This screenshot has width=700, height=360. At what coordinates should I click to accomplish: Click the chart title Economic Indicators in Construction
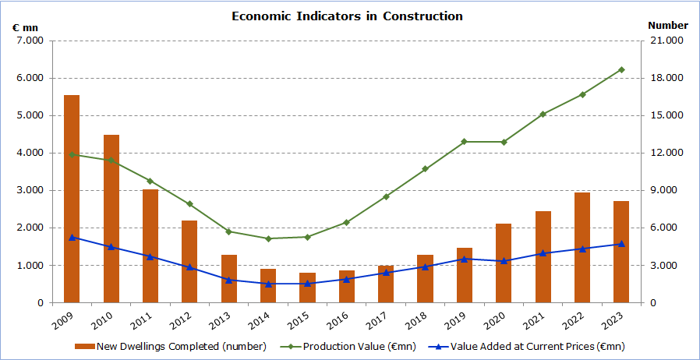(347, 16)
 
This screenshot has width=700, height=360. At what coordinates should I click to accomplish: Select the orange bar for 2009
(72, 199)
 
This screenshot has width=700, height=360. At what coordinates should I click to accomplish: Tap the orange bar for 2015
(307, 288)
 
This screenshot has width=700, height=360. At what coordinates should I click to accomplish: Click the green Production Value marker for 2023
(621, 69)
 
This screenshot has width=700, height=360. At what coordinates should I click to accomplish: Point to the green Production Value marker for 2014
(268, 238)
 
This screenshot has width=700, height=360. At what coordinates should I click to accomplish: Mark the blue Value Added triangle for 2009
(72, 238)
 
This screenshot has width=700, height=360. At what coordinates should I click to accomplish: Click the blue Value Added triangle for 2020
(504, 261)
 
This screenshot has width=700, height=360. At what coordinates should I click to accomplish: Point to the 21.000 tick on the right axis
(666, 41)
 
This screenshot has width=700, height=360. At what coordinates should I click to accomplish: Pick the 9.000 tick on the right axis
(666, 190)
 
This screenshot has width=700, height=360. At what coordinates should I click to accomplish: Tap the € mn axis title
(25, 26)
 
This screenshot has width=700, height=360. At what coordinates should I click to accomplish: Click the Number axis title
(668, 26)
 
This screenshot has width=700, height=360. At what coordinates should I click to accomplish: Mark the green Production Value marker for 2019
(465, 142)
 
